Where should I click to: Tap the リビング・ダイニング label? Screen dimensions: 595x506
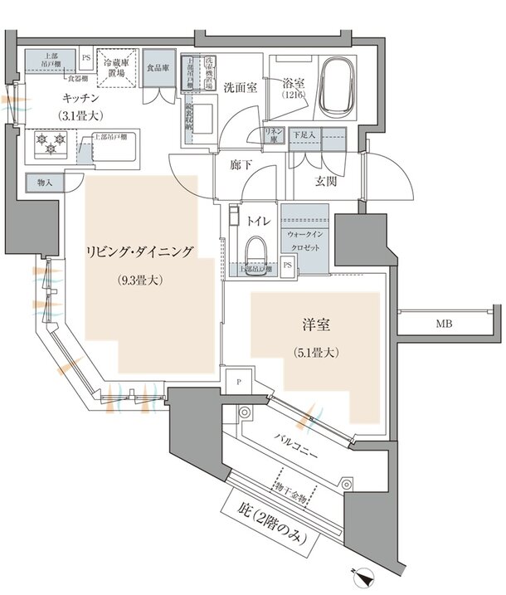click(142, 251)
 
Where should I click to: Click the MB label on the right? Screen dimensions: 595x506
click(445, 324)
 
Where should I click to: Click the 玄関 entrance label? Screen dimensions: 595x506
click(327, 181)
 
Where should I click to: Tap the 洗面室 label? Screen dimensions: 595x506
click(239, 87)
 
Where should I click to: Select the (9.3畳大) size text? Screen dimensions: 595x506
click(140, 280)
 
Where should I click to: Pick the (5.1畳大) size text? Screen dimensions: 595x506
click(314, 353)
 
